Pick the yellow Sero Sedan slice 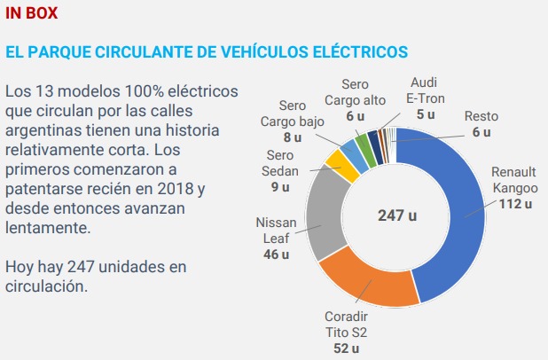pos(335,163)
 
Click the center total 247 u pos(395,215)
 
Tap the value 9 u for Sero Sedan pos(280,187)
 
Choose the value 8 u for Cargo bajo pos(294,138)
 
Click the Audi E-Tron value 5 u pos(426,114)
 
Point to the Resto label pos(481,116)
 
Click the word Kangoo pos(514,188)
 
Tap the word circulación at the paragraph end pos(45,286)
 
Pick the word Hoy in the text pos(20,267)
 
